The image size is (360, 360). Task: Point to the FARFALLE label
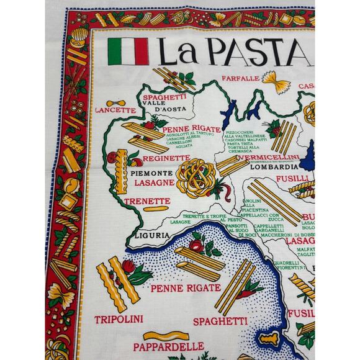pyautogui.click(x=241, y=79)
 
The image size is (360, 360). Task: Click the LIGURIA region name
pyautogui.click(x=151, y=235)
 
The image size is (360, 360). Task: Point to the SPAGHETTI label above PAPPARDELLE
pyautogui.click(x=217, y=321)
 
